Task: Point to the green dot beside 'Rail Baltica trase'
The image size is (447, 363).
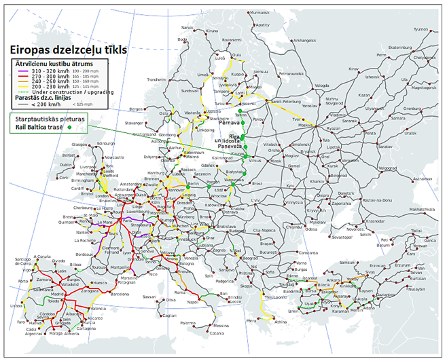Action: pos(69,126)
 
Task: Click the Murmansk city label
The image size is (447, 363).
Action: pos(260,12)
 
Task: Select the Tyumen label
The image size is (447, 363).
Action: pos(421,29)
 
